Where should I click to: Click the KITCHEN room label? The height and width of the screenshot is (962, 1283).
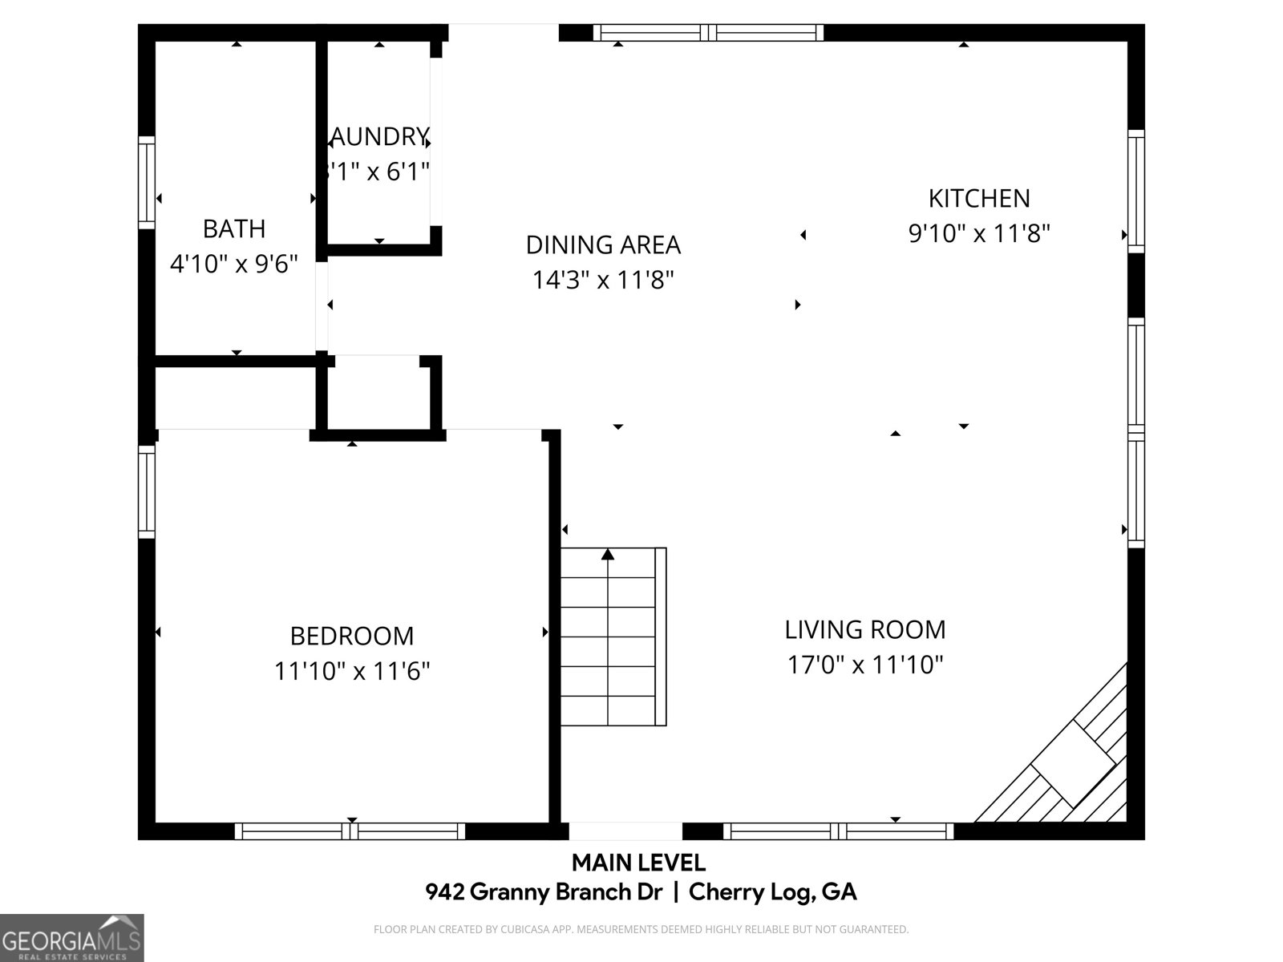point(978,198)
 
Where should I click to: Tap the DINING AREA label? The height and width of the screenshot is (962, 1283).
point(603,245)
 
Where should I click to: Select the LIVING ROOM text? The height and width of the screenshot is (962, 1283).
point(864,629)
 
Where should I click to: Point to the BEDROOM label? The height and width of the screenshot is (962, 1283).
point(352,636)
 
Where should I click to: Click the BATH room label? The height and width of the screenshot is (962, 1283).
point(233,228)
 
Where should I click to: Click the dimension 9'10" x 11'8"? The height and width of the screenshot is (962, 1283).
point(978,233)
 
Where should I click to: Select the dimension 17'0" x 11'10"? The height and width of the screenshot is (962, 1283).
point(864,665)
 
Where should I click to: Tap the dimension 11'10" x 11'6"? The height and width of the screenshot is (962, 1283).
point(352,671)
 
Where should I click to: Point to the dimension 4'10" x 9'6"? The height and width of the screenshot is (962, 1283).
point(233,264)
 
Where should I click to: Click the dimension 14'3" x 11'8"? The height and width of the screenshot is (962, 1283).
point(603,280)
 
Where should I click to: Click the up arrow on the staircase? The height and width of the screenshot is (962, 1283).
point(608,554)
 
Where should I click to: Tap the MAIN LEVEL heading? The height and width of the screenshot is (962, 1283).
point(638,863)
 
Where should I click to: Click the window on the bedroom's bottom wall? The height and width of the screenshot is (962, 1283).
point(350,831)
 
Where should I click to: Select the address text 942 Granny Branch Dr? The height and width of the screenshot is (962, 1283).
point(544,891)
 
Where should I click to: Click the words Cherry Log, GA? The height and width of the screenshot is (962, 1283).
point(772,891)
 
